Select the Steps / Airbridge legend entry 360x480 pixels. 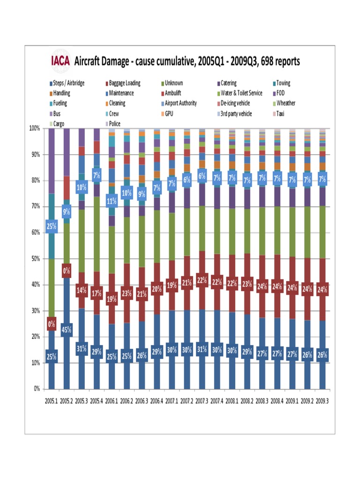click(x=68, y=83)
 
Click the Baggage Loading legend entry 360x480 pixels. click(x=124, y=83)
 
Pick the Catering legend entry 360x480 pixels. click(x=228, y=83)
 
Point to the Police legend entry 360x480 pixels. click(x=114, y=124)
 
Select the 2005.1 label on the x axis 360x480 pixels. click(x=52, y=401)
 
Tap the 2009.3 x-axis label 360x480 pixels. click(x=322, y=401)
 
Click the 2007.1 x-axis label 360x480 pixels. click(x=172, y=401)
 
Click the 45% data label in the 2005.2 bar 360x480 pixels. click(x=66, y=330)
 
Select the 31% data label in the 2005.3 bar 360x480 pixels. click(x=82, y=349)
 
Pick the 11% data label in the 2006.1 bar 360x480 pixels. click(x=112, y=202)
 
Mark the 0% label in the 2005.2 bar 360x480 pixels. click(x=66, y=270)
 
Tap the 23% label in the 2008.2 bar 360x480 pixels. click(x=247, y=284)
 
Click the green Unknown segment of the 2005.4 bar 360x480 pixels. click(x=97, y=234)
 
